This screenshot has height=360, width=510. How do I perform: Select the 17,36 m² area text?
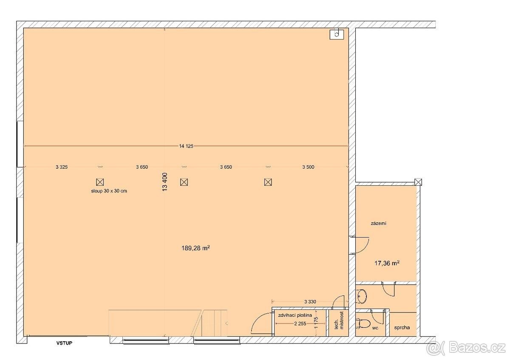coord(386,264)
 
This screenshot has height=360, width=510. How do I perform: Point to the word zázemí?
coord(378,223)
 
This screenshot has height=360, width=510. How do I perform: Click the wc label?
coord(375,329)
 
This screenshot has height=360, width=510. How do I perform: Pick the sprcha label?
coord(402,328)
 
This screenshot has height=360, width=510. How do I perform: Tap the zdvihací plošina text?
coord(298,316)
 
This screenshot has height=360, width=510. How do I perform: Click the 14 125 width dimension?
coord(186,146)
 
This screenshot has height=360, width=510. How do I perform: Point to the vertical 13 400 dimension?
coord(165,181)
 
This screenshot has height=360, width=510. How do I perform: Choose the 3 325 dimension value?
coord(61,167)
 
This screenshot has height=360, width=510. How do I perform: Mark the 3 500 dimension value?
coord(308,167)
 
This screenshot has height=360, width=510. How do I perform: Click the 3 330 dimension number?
coord(310,302)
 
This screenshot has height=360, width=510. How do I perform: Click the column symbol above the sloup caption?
coord(100,182)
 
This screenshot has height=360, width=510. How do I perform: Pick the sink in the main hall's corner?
coord(336,34)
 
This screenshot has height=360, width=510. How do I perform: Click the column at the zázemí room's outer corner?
coord(418,182)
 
